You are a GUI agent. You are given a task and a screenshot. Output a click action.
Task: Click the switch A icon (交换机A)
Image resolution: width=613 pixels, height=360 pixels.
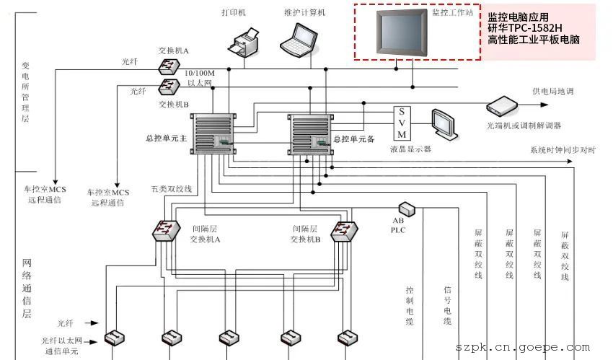170,66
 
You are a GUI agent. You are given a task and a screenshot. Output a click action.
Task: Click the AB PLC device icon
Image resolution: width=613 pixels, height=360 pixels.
407,208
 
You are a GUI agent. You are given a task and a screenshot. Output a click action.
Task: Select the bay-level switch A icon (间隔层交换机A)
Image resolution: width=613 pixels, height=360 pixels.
166,232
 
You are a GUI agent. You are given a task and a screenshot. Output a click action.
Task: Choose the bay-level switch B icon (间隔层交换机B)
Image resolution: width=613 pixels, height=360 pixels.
343,232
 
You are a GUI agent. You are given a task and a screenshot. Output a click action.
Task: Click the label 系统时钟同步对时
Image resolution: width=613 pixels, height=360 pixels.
563,150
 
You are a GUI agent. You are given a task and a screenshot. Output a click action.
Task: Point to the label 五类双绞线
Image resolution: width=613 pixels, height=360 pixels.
172,189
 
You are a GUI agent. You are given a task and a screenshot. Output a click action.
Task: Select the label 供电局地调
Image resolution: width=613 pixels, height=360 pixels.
554,92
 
